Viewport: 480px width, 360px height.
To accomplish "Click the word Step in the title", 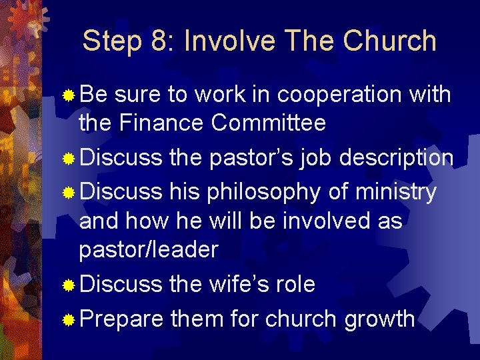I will click(x=112, y=41).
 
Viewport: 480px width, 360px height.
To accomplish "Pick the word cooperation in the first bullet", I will click(x=335, y=95).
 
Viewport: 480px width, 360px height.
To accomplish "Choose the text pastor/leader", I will click(x=148, y=250).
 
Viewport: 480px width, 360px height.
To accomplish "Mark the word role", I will click(x=296, y=285).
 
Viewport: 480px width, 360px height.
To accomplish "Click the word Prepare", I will click(x=121, y=319).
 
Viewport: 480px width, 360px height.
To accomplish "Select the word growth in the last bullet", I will click(x=379, y=319).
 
